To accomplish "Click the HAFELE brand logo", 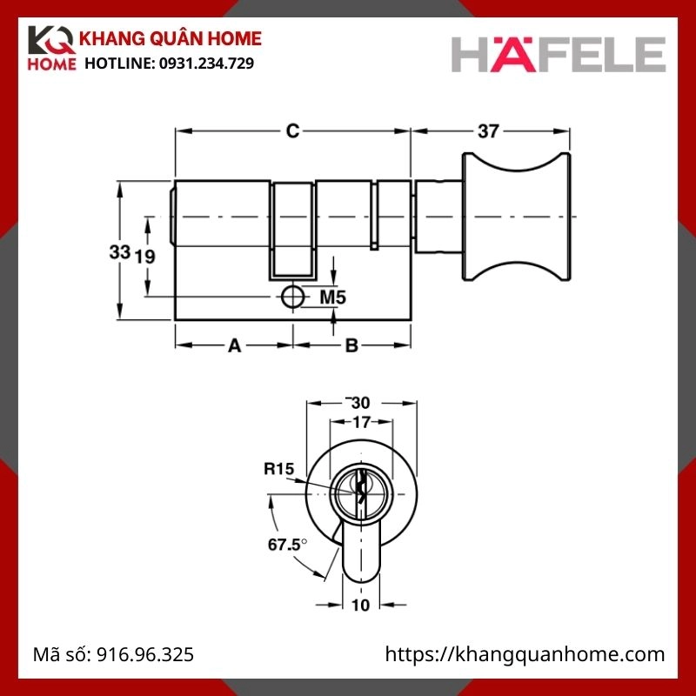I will tap(558, 53).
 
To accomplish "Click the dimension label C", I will tap(293, 131).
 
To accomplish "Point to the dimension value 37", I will tap(489, 131).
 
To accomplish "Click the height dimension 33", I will tap(119, 252).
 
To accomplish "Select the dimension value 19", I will tap(145, 256).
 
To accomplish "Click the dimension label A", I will tap(234, 346).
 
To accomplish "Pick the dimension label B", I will tap(351, 346).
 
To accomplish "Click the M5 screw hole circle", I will tap(293, 297).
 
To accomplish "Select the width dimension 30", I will tap(359, 403).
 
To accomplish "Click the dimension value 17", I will tap(360, 423).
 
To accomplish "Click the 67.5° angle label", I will tap(285, 545).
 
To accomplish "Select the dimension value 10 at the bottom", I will tap(360, 605).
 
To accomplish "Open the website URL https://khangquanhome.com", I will tap(525, 654).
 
